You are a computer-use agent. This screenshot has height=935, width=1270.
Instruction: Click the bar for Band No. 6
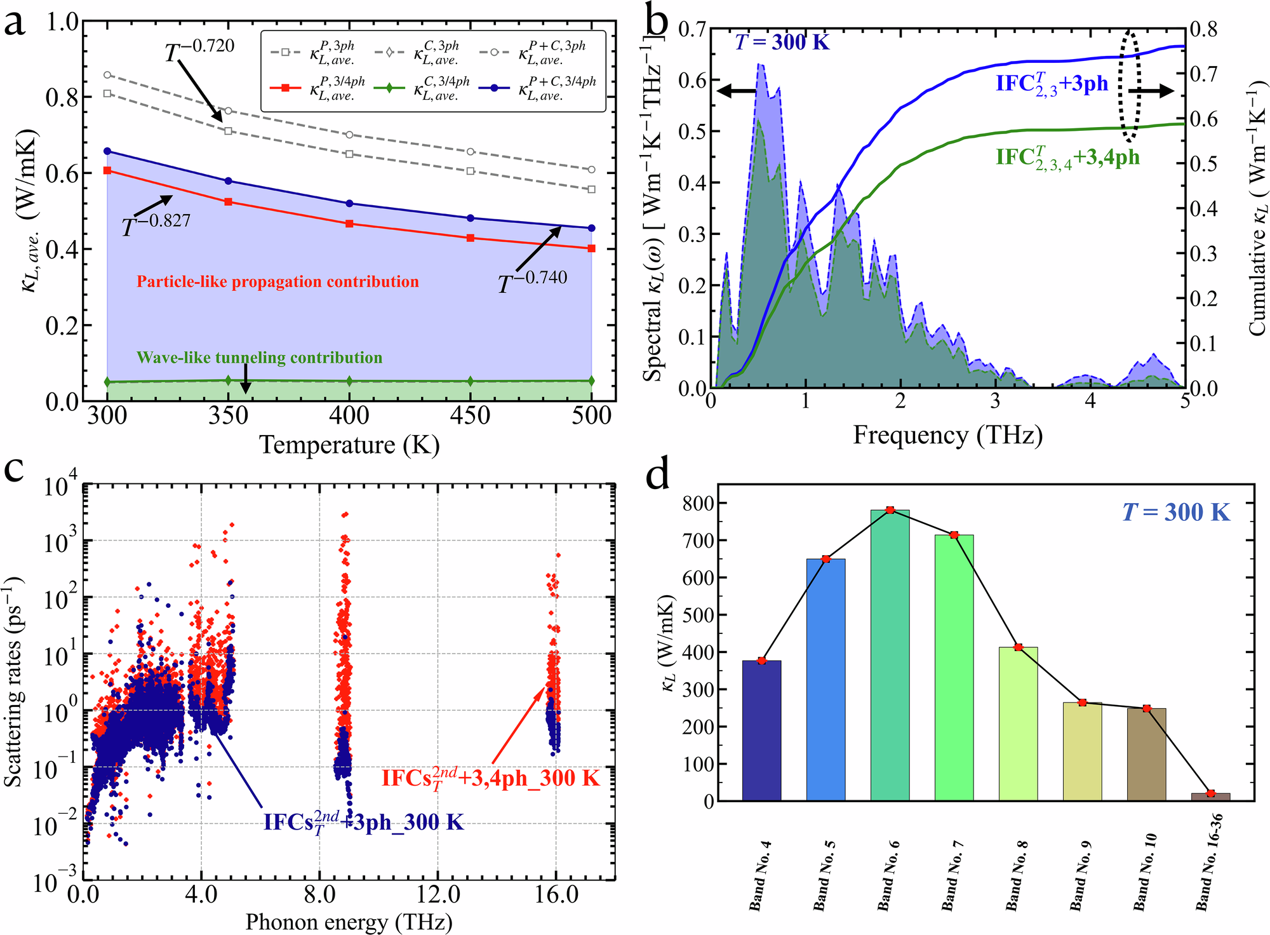pyautogui.click(x=890, y=654)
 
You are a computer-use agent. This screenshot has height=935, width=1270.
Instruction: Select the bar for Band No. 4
pyautogui.click(x=761, y=730)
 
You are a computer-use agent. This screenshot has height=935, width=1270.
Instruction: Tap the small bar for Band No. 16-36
pyautogui.click(x=1210, y=797)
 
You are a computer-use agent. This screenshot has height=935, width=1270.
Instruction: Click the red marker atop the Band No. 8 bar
pyautogui.click(x=1019, y=647)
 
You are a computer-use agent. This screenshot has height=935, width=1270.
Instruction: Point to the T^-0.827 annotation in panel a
pyautogui.click(x=156, y=224)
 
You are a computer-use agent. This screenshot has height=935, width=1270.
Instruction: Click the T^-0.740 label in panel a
pyautogui.click(x=532, y=281)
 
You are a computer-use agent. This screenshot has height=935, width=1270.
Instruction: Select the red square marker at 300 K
pyautogui.click(x=107, y=170)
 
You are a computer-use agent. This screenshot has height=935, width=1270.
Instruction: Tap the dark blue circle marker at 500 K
pyautogui.click(x=592, y=228)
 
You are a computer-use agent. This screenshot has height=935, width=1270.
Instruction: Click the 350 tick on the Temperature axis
pyautogui.click(x=228, y=417)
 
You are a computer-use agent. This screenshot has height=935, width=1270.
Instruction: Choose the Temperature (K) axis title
pyautogui.click(x=349, y=445)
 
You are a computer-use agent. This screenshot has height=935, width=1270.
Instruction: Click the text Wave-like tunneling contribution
pyautogui.click(x=260, y=358)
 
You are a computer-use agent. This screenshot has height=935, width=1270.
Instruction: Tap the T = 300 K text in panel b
pyautogui.click(x=782, y=42)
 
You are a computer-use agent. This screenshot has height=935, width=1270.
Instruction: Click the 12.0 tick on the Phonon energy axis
pyautogui.click(x=438, y=895)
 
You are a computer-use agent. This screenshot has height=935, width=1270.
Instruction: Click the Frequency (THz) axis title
pyautogui.click(x=947, y=435)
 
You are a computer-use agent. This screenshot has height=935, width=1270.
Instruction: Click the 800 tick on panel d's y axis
pyautogui.click(x=698, y=503)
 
